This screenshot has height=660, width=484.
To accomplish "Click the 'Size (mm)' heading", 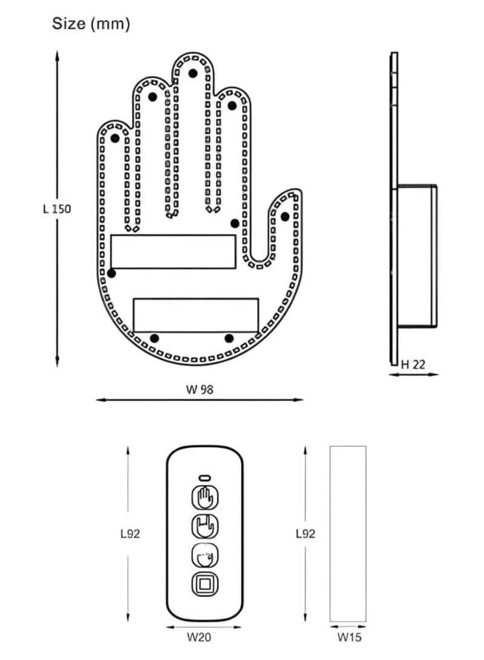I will point(91,24).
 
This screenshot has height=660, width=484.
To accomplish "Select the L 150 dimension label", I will point(57,209).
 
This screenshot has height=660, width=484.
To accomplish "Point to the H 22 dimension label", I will point(413,364).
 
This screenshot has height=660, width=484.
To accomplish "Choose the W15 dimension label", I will point(348,636).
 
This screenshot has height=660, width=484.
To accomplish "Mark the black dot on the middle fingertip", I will point(192,73).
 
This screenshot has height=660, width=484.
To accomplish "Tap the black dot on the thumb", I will point(285,217).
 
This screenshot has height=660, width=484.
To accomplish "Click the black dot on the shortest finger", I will point(114,138).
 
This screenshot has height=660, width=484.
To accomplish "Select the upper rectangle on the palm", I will point(173,252).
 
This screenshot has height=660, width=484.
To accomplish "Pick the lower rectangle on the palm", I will point(195,315).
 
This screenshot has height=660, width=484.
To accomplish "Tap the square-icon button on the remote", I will point(204,584).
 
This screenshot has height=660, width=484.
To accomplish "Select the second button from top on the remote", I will point(204,526).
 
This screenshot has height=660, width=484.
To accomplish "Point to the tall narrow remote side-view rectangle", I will point(348,534).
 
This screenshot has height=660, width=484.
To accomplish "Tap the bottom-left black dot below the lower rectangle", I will point(155,338).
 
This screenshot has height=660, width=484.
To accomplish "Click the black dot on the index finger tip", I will point(232,105).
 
